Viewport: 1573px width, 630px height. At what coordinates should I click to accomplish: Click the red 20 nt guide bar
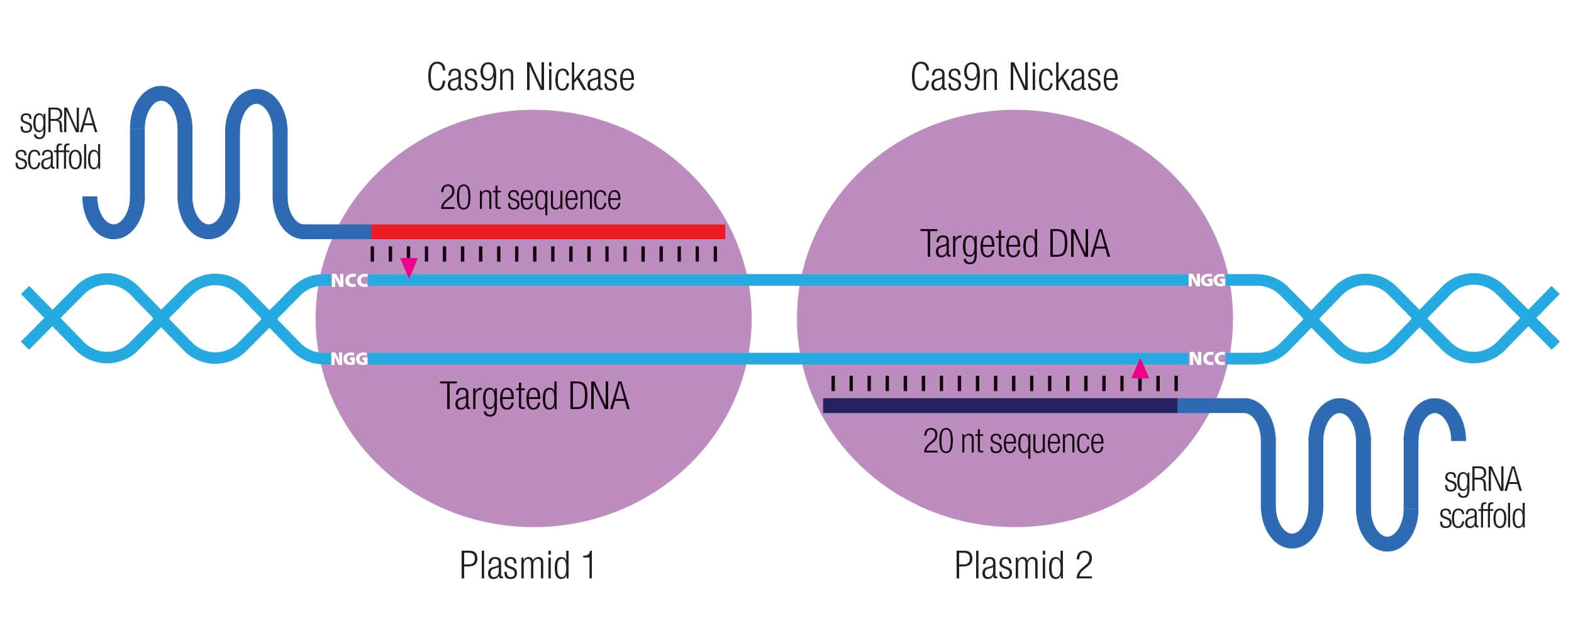547,232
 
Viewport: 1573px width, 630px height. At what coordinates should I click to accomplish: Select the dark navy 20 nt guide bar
1000,406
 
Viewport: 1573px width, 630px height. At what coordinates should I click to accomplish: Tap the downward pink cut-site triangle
409,267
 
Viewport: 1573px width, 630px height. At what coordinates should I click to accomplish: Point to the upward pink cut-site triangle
1140,369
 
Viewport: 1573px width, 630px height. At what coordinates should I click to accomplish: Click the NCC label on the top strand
349,281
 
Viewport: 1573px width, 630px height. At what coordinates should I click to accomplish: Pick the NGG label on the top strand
1206,280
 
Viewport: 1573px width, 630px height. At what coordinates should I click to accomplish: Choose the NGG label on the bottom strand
349,359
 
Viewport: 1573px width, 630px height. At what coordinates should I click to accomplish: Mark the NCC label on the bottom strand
1206,359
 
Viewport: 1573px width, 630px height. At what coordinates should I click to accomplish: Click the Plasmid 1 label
527,565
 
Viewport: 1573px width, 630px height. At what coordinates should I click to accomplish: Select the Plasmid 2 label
1023,565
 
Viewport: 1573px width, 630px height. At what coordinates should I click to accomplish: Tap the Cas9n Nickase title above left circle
530,77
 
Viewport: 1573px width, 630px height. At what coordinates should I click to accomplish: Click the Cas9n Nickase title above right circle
1014,77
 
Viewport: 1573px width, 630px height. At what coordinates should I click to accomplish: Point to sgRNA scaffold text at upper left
58,140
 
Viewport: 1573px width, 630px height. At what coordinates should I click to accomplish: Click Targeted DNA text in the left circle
534,397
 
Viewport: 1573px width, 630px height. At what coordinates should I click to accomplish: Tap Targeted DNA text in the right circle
1014,244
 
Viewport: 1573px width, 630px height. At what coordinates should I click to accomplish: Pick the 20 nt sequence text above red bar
530,198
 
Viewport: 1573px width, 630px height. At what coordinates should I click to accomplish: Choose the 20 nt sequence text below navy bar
1013,442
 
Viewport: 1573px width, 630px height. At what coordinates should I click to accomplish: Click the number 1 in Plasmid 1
587,565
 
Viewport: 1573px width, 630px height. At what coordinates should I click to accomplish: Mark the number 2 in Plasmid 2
1084,565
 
